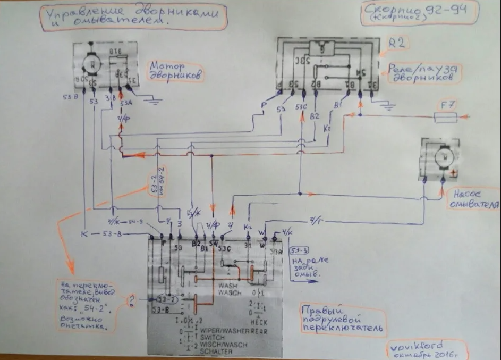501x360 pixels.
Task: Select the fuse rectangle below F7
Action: pos(446,116)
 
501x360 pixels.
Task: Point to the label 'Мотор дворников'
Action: pos(176,71)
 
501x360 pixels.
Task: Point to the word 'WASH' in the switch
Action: pos(227,285)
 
